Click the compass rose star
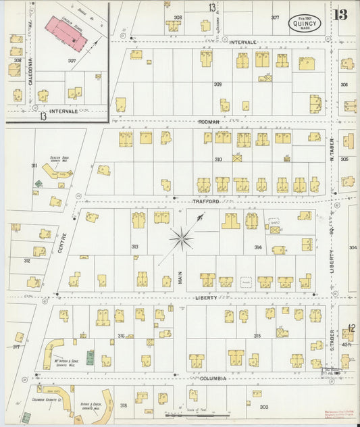click(x=182, y=237)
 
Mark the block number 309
click(x=218, y=84)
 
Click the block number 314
click(x=257, y=247)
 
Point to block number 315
click(x=257, y=336)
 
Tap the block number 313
click(x=135, y=247)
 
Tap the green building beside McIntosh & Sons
click(x=90, y=357)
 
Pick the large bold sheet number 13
click(x=340, y=14)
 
